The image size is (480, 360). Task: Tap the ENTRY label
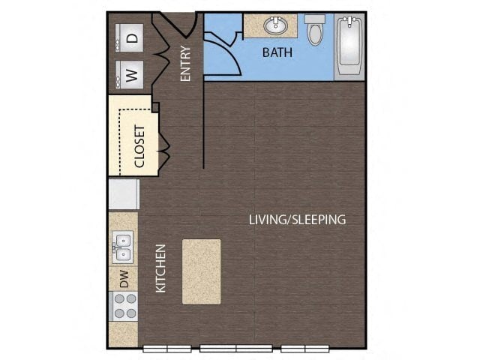(186, 64)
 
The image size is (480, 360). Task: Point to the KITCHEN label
(160, 268)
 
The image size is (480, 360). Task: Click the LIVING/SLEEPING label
(298, 220)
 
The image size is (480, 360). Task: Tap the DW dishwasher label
(124, 280)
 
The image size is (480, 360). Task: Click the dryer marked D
(132, 37)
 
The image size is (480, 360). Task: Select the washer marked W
(131, 74)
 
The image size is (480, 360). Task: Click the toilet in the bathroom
(315, 30)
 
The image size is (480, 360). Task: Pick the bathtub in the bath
(349, 45)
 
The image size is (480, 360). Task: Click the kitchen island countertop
(201, 271)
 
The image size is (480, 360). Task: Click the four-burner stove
(124, 306)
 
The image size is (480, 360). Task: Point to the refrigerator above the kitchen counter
(123, 194)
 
